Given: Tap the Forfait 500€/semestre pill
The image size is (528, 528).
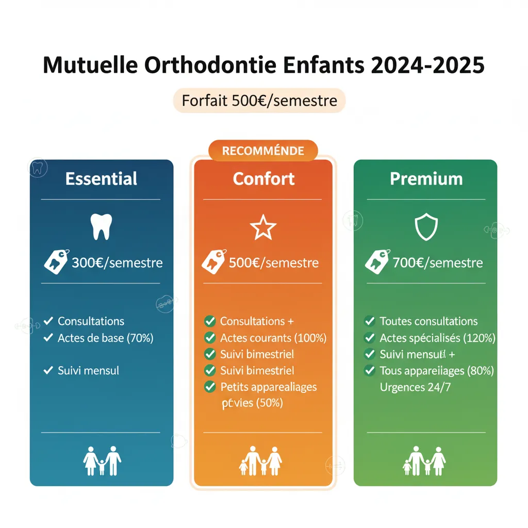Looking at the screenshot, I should pyautogui.click(x=259, y=100).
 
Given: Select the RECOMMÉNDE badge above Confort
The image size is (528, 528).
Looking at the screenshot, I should pyautogui.click(x=263, y=151).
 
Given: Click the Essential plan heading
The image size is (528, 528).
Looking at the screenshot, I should pyautogui.click(x=102, y=179).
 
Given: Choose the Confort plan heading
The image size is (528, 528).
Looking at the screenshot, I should pyautogui.click(x=263, y=179).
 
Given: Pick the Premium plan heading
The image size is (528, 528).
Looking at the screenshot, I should pyautogui.click(x=426, y=179).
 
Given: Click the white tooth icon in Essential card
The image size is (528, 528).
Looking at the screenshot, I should pyautogui.click(x=101, y=227).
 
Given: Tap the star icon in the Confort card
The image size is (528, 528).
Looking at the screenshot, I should pyautogui.click(x=263, y=227).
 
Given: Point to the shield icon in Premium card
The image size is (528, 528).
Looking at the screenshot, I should pyautogui.click(x=426, y=227).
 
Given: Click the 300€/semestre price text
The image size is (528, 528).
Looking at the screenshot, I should pyautogui.click(x=117, y=263).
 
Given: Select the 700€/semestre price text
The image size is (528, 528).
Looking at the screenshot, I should pyautogui.click(x=437, y=263).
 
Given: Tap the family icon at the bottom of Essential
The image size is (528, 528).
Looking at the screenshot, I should pyautogui.click(x=102, y=460).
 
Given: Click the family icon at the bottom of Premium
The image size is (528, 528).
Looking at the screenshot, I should pyautogui.click(x=424, y=460).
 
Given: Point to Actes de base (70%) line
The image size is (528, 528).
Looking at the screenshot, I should pyautogui.click(x=105, y=338).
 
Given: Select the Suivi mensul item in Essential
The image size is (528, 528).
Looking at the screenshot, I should pyautogui.click(x=88, y=370).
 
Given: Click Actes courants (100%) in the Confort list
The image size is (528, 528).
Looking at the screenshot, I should pyautogui.click(x=273, y=338).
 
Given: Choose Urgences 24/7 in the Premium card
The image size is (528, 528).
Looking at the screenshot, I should pyautogui.click(x=415, y=387).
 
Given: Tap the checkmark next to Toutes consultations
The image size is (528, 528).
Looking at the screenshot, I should pyautogui.click(x=370, y=321).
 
